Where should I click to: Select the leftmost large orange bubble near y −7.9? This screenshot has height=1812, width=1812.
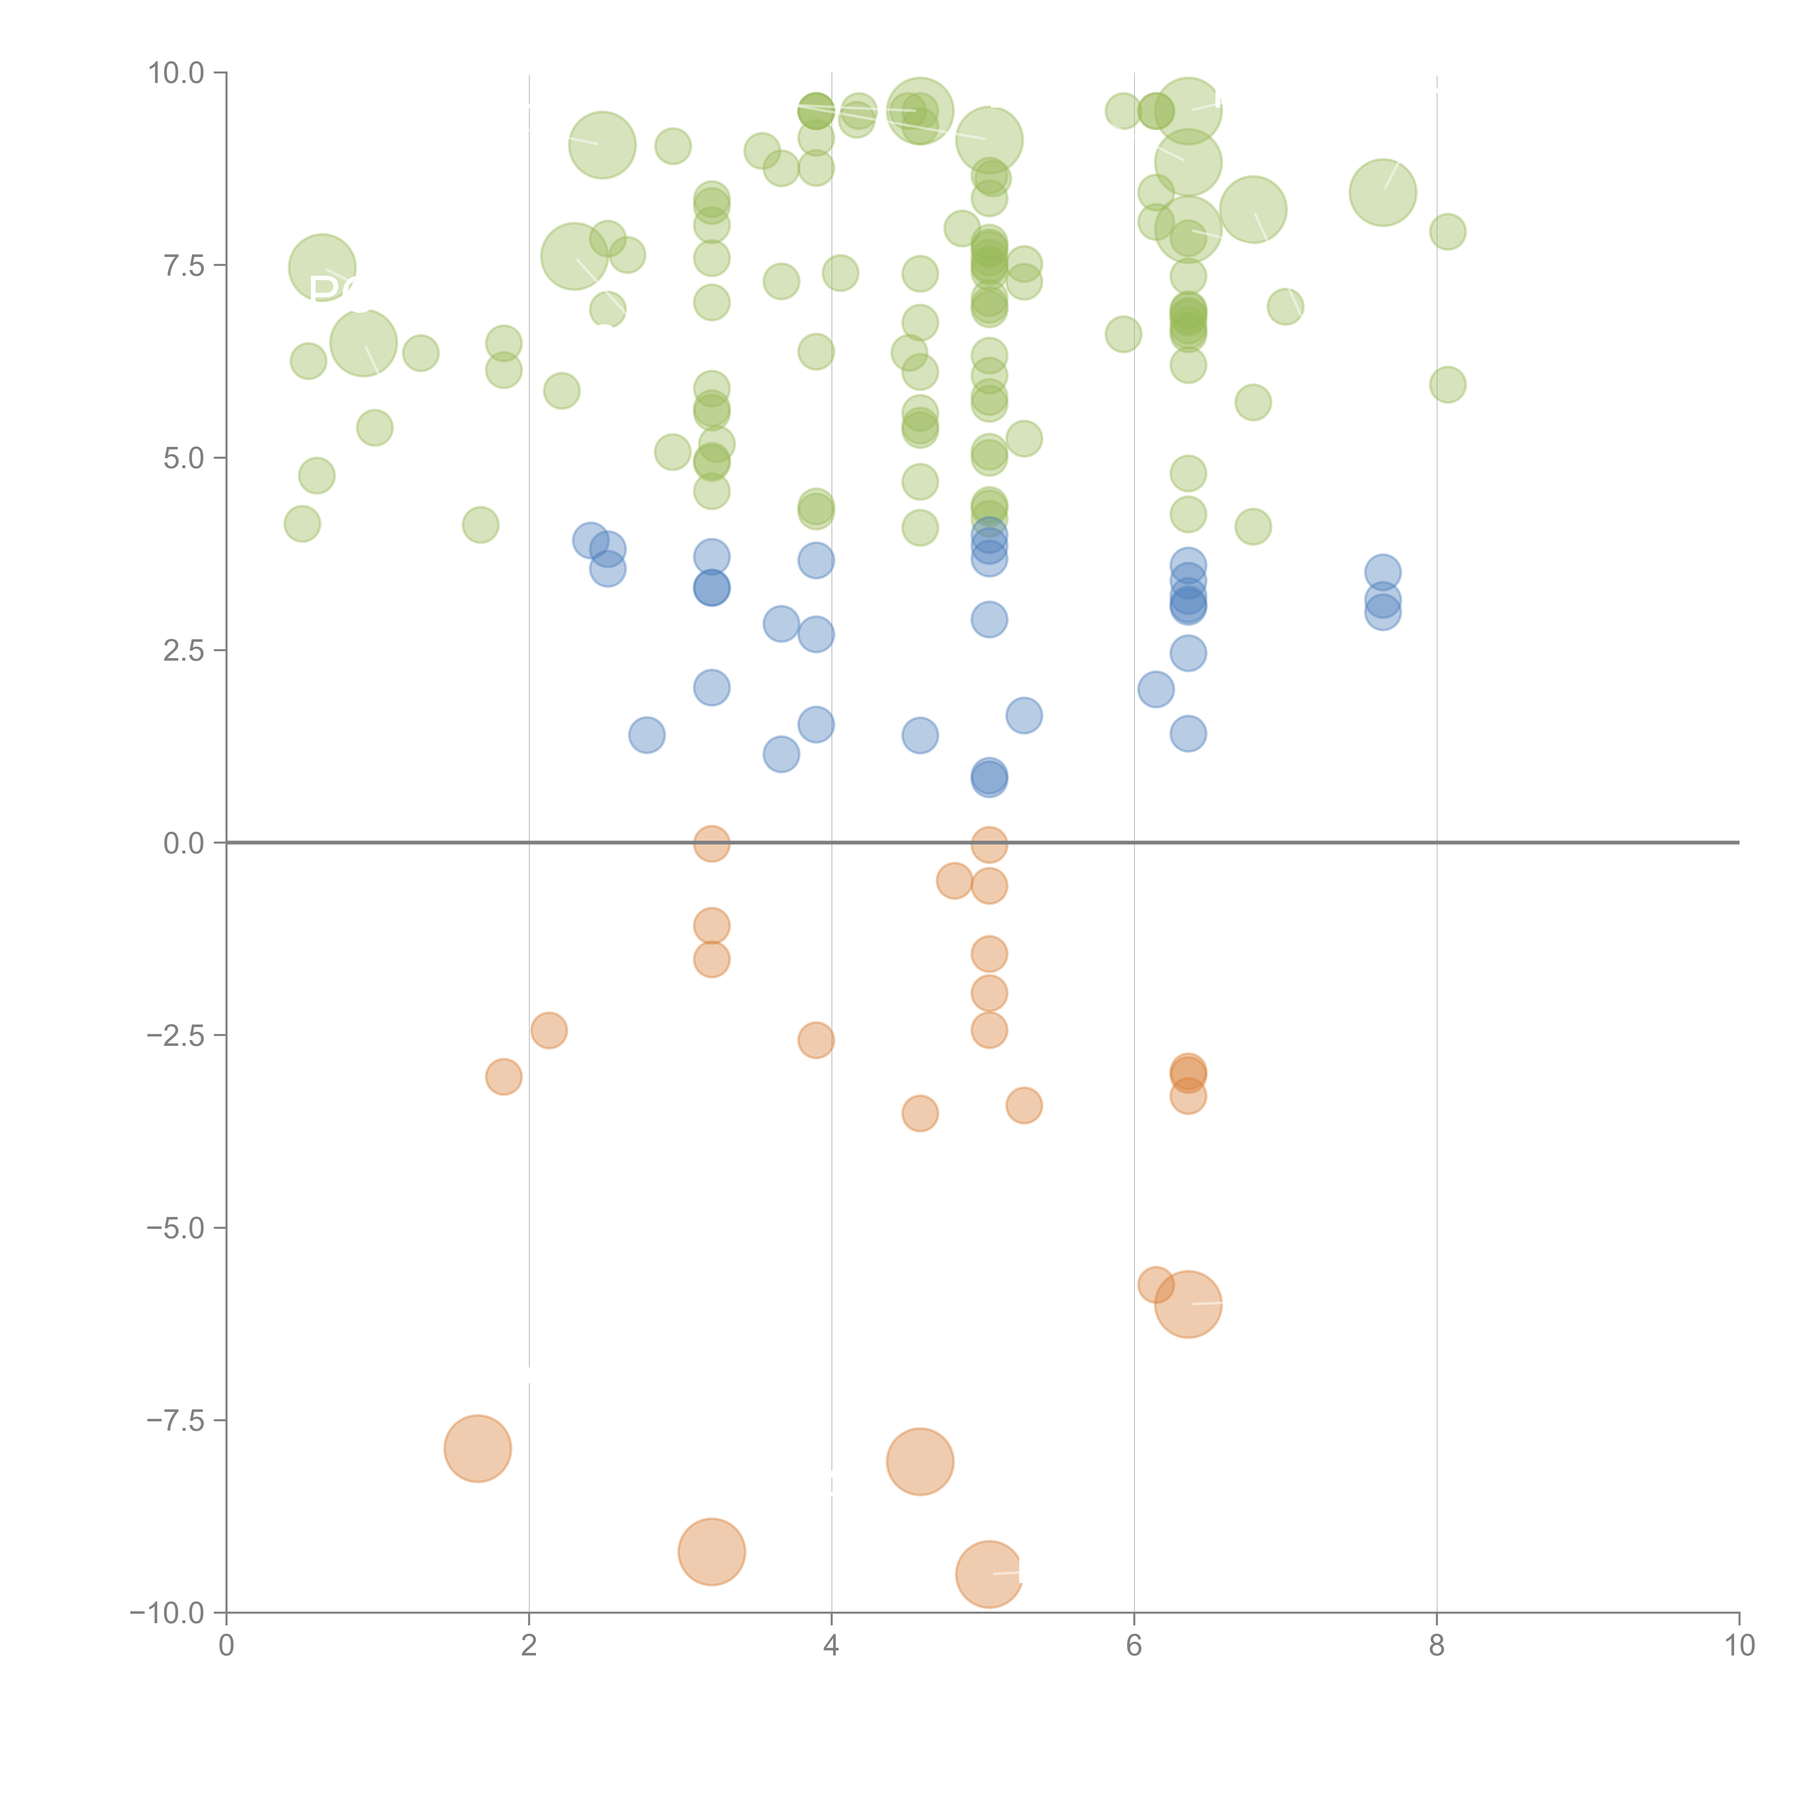(477, 1448)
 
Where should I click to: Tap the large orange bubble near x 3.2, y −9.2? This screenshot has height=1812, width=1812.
(712, 1552)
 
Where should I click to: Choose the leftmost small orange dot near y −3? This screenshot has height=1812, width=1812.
(504, 1077)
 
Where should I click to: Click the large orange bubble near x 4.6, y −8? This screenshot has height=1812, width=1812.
(920, 1461)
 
